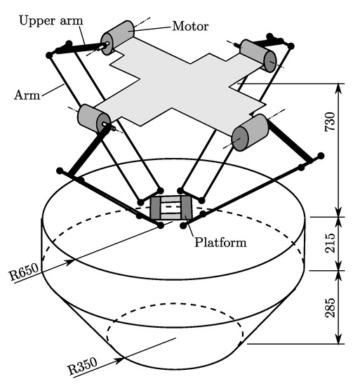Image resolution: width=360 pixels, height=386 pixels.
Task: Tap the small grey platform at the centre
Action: click(x=171, y=208)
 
